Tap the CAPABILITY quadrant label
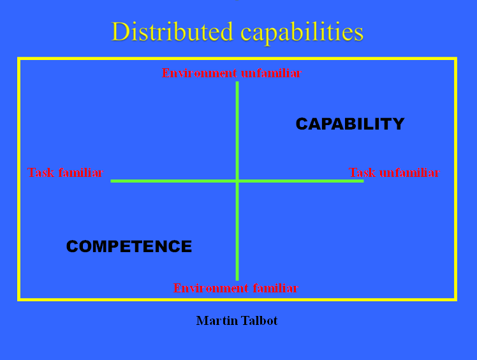tap(349, 124)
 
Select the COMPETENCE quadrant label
tap(129, 246)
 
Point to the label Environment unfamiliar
tap(231, 73)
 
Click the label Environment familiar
tap(235, 288)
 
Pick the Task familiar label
tap(65, 173)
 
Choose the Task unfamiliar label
tap(393, 173)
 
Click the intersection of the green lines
tap(237, 181)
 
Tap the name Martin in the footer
tap(216, 320)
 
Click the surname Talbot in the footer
tap(258, 320)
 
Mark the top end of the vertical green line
tap(237, 82)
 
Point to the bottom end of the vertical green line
tap(237, 279)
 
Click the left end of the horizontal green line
tap(112, 181)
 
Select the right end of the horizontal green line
tap(362, 181)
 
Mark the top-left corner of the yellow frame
tap(19, 59)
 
